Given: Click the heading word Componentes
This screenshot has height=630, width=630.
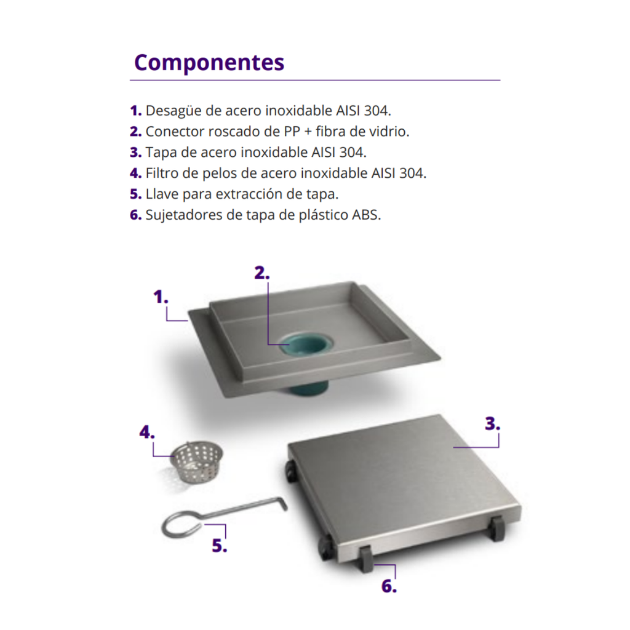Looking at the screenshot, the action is pyautogui.click(x=209, y=63).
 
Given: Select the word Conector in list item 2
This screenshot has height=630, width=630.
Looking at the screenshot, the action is pyautogui.click(x=175, y=132).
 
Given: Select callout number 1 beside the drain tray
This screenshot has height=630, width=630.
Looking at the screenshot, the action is pyautogui.click(x=161, y=297).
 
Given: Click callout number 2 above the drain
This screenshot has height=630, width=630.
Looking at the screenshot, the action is pyautogui.click(x=262, y=273).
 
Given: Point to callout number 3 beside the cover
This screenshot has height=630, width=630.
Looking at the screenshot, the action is pyautogui.click(x=493, y=424).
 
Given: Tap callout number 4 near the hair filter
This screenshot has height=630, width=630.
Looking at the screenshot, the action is pyautogui.click(x=147, y=433).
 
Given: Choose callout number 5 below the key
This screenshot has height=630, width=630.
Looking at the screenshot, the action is pyautogui.click(x=220, y=546).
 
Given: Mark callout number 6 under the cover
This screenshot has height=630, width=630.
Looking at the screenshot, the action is pyautogui.click(x=389, y=586).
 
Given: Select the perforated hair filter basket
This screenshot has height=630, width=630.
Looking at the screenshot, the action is pyautogui.click(x=196, y=462).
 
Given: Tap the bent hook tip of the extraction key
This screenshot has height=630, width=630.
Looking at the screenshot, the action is pyautogui.click(x=284, y=504).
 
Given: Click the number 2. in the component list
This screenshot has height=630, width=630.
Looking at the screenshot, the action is pyautogui.click(x=136, y=132).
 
